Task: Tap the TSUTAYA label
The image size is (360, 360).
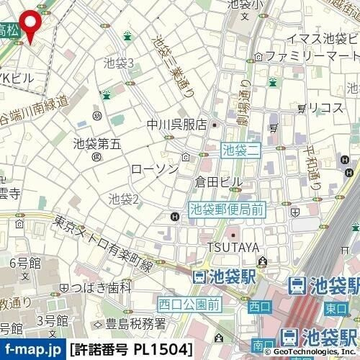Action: click(x=233, y=248)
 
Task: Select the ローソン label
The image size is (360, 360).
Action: click(x=154, y=168)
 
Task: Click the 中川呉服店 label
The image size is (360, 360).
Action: click(x=177, y=124)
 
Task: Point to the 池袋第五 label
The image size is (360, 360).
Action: click(x=97, y=143)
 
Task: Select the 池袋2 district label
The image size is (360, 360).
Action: click(x=123, y=197)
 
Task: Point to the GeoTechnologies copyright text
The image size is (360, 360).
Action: click(x=309, y=354)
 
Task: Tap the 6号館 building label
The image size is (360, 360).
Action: click(x=22, y=261)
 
